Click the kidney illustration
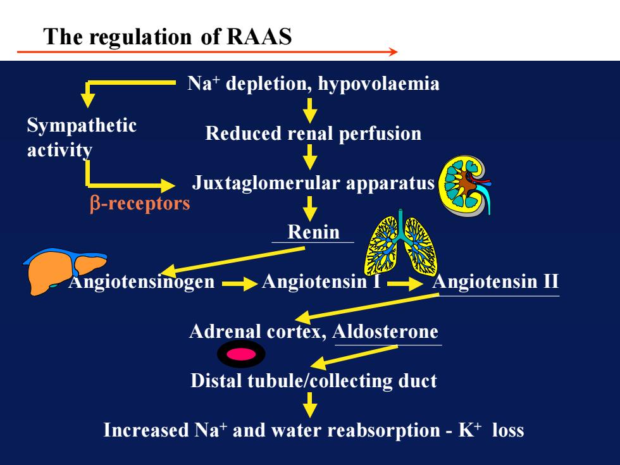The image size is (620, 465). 465,185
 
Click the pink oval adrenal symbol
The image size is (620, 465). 241,354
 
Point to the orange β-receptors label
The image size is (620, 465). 140,204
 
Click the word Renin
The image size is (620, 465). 313,232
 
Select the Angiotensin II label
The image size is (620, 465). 495,282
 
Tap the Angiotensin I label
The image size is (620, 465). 321,282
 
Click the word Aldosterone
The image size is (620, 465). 385,332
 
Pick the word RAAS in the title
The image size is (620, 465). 259,37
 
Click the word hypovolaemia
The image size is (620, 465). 378,84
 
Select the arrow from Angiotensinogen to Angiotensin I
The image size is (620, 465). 240,283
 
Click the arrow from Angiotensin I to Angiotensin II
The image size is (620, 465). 405,283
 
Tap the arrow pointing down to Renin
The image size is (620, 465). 310,208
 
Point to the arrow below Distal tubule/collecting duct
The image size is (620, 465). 310,404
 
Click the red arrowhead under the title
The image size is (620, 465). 393,52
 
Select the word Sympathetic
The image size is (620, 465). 82,126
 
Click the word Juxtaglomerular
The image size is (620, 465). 266,183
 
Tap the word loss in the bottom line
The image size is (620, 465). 508,430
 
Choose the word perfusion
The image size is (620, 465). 380,134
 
